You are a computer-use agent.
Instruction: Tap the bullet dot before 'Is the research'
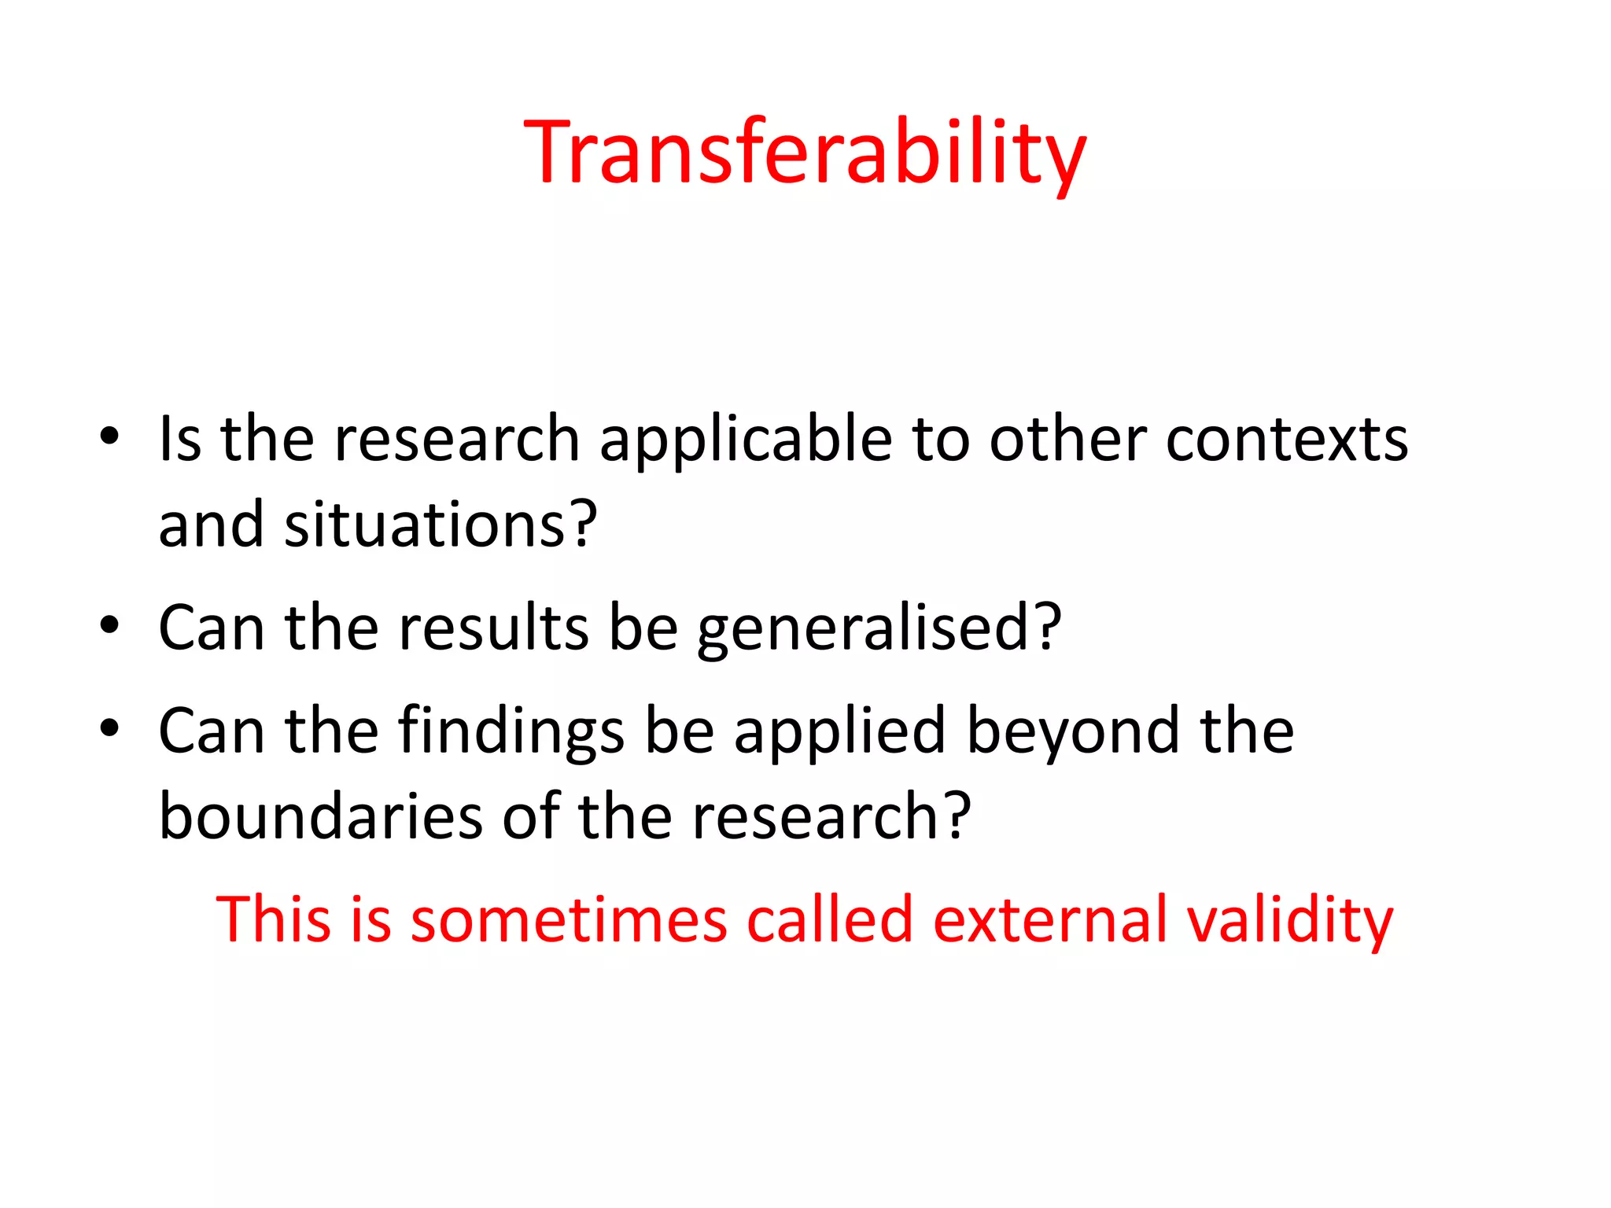tap(109, 436)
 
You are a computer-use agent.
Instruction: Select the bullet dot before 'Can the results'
tap(109, 625)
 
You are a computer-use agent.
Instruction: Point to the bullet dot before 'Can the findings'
tap(109, 728)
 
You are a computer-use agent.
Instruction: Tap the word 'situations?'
tap(441, 525)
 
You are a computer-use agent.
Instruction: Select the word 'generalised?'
tap(879, 629)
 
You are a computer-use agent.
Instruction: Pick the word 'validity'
tap(1290, 920)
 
